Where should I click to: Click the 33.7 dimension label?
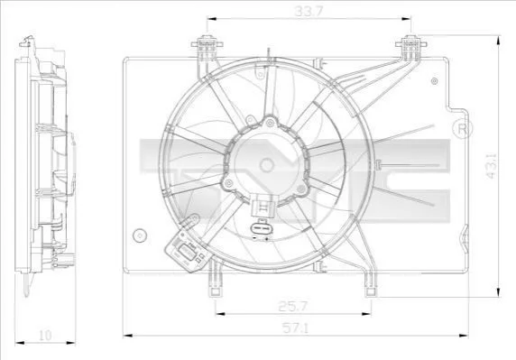tap(309, 12)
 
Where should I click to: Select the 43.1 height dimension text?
tap(492, 165)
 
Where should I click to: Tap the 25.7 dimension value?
tap(292, 307)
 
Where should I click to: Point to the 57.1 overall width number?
tap(295, 328)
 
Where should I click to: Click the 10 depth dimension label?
tap(45, 336)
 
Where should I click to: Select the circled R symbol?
tap(463, 129)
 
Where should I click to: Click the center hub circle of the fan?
tap(266, 165)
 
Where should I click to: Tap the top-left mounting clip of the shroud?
tap(207, 48)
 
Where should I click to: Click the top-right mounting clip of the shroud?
tap(410, 48)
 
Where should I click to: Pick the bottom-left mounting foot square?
tap(216, 291)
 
